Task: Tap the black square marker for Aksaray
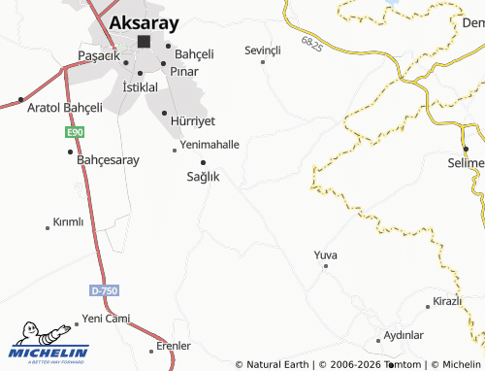[x=144, y=42]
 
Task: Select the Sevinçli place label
[x=262, y=50]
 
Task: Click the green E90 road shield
[x=75, y=131]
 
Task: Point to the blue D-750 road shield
[x=102, y=290]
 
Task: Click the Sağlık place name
[x=203, y=177]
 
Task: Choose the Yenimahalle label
[x=210, y=144]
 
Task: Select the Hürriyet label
[x=192, y=120]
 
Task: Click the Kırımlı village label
[x=68, y=221]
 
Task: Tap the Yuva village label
[x=325, y=254]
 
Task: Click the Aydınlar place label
[x=404, y=334]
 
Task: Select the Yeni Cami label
[x=106, y=319]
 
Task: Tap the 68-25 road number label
[x=311, y=45]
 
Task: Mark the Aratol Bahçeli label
[x=64, y=106]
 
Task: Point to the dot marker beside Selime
[x=466, y=149]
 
